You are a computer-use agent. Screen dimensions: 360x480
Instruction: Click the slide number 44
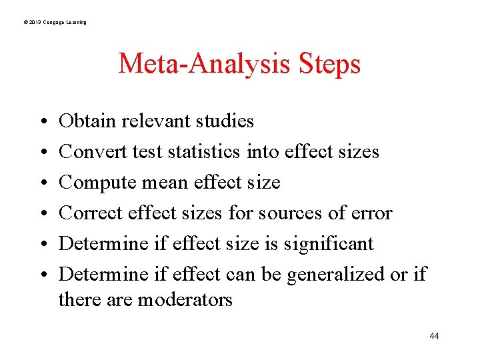point(434,336)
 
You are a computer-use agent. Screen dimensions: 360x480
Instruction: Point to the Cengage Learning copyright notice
point(54,23)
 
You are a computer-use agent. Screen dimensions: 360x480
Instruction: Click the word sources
point(281,213)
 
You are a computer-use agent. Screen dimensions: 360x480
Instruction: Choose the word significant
point(328,244)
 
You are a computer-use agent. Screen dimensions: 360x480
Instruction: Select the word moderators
point(185,300)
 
